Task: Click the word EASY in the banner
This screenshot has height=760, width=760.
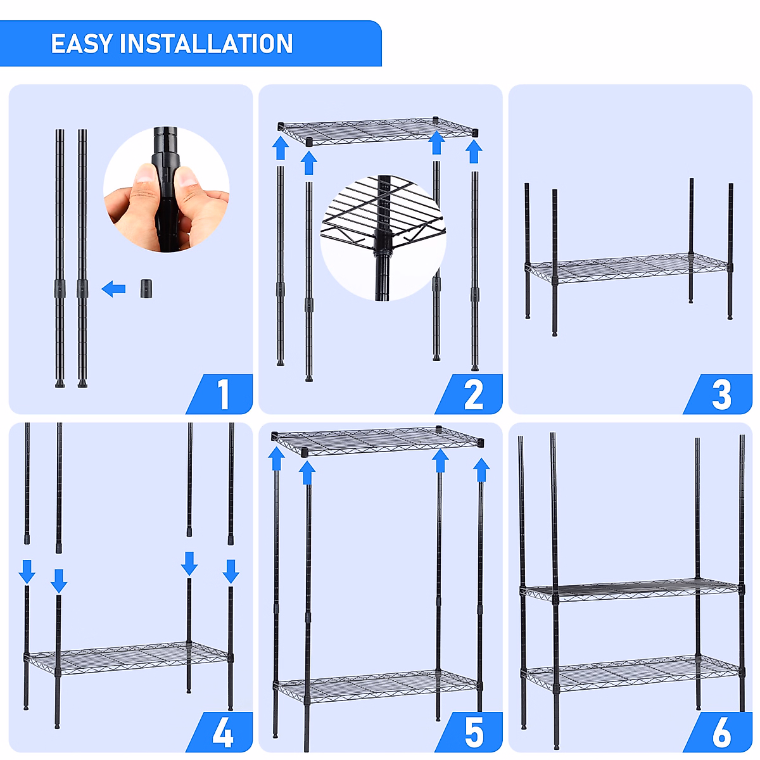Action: (x=82, y=44)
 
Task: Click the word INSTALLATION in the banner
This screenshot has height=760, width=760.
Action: (x=206, y=44)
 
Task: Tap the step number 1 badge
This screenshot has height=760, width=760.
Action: (x=219, y=393)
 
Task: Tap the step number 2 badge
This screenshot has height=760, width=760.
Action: (x=469, y=393)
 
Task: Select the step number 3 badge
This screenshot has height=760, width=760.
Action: (x=718, y=393)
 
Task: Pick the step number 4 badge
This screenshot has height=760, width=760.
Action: (x=219, y=731)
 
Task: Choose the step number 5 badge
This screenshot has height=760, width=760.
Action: (x=469, y=731)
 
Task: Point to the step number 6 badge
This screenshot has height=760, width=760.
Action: (x=718, y=731)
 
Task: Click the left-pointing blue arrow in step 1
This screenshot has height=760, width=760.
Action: (x=113, y=289)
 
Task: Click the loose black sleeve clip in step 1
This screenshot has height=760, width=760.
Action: (x=146, y=289)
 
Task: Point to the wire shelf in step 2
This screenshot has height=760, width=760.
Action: (x=378, y=131)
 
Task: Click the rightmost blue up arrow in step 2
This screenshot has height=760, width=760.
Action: (x=474, y=152)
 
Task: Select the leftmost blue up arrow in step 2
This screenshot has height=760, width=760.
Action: (x=281, y=148)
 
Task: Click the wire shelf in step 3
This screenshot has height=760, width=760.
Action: (x=629, y=268)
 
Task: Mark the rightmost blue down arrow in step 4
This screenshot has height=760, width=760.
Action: (x=231, y=571)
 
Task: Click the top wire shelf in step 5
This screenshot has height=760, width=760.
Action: (x=377, y=441)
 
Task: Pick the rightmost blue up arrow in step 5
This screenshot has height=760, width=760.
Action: (x=481, y=470)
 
